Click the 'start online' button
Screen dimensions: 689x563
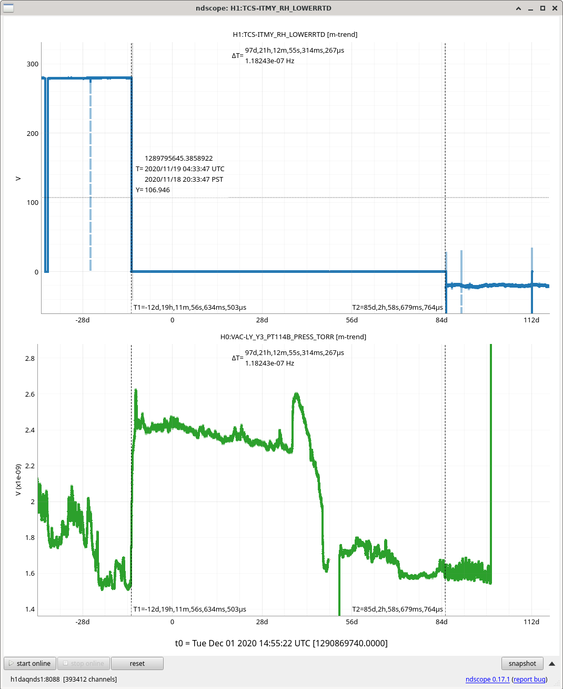point(31,663)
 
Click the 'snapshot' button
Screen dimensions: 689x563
point(522,663)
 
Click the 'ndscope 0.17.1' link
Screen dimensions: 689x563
point(487,680)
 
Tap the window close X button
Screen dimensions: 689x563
point(555,8)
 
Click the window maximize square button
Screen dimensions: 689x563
point(542,8)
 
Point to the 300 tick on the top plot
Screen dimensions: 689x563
point(33,64)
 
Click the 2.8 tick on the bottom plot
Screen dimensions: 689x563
point(30,358)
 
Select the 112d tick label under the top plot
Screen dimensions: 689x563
point(531,320)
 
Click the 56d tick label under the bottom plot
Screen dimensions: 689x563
point(352,622)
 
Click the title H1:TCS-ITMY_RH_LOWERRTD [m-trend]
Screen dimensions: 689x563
point(295,35)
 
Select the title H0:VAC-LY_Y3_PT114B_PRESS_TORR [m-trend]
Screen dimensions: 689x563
point(293,337)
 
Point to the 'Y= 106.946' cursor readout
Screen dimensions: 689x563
point(153,190)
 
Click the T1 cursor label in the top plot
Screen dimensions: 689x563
point(190,307)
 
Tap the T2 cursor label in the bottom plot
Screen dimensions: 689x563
point(397,609)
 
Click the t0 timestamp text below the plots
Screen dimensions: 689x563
point(281,643)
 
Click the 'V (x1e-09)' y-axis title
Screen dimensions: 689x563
point(18,480)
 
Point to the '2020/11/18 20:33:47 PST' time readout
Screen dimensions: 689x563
point(184,180)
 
